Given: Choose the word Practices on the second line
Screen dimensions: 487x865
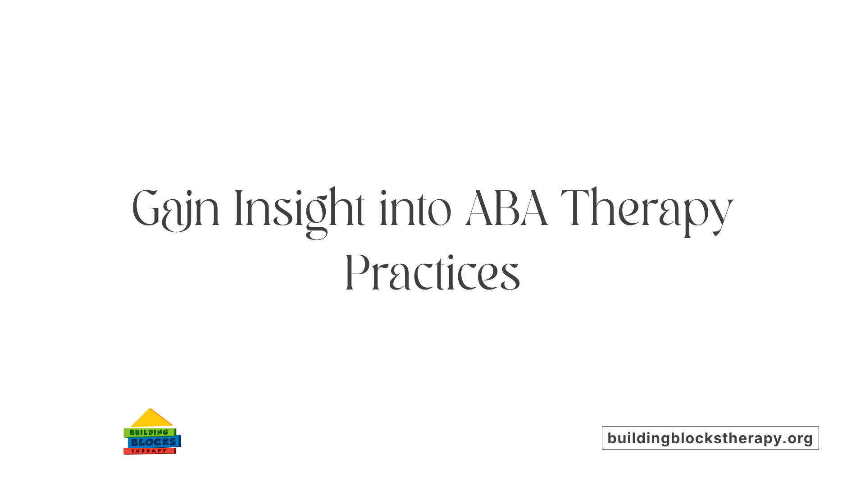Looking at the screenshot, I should pos(432,273).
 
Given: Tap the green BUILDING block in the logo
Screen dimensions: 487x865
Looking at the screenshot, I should pos(149,432).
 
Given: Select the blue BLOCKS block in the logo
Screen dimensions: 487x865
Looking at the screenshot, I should pos(154,442).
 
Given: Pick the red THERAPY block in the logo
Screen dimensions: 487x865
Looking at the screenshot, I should pos(149,451).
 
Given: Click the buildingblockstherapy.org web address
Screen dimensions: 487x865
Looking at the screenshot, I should pos(710,438).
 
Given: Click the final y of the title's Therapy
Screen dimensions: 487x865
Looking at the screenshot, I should pos(723,214).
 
